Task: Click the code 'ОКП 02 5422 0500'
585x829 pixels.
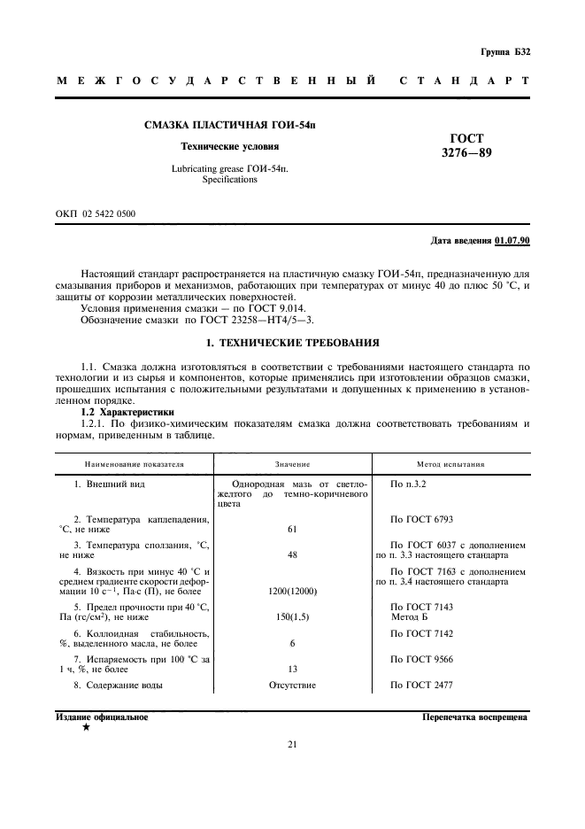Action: point(96,214)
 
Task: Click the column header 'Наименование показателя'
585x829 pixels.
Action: point(134,463)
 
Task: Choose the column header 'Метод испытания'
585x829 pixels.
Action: point(450,463)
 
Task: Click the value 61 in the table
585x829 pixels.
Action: point(292,529)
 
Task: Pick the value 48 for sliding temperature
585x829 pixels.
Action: point(292,555)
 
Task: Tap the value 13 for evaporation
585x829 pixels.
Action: point(292,670)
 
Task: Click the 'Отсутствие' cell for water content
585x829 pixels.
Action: point(292,686)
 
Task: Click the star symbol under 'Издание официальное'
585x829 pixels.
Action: point(86,727)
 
